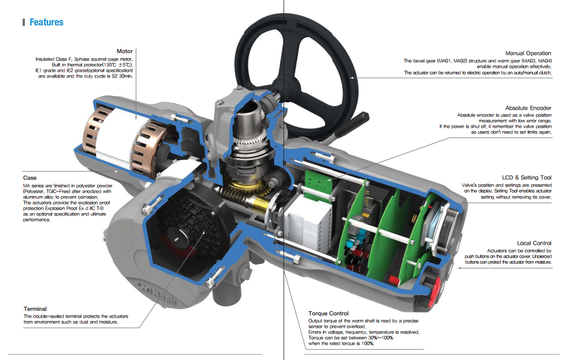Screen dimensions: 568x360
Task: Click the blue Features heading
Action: (x=46, y=22)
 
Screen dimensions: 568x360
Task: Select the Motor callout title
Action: (x=124, y=51)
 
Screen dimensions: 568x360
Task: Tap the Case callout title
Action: (x=30, y=178)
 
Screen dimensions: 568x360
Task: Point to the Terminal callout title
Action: (x=35, y=309)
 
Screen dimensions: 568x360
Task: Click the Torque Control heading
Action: (x=328, y=313)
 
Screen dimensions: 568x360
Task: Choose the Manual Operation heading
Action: (x=528, y=53)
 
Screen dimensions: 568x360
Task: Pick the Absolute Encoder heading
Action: (x=528, y=108)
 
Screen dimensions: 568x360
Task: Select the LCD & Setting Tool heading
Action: (x=526, y=177)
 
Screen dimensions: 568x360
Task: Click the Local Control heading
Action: (x=534, y=243)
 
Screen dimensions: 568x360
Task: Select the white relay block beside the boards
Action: (x=308, y=221)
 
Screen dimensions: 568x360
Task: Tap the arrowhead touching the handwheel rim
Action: (x=352, y=77)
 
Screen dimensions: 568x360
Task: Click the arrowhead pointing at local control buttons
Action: (x=459, y=268)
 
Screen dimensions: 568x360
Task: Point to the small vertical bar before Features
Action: (x=24, y=23)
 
